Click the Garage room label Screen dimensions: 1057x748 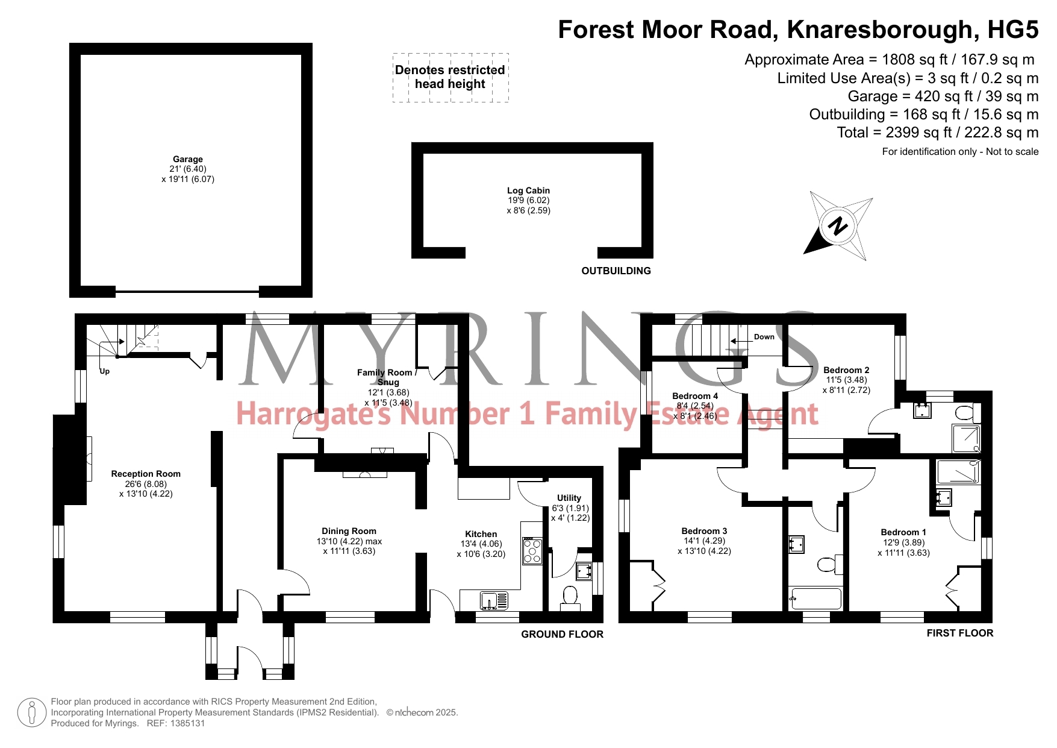[188, 159]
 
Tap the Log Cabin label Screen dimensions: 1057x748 [528, 190]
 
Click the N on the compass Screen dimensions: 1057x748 [838, 226]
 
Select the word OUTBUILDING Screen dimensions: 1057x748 [616, 271]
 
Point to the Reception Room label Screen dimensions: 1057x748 [146, 474]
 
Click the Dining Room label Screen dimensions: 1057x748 [349, 531]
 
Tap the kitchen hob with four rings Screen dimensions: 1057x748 [532, 550]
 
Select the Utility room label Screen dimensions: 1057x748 [569, 498]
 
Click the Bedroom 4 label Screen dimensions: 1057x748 [695, 396]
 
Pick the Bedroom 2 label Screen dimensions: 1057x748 [846, 370]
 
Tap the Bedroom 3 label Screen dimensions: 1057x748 [704, 531]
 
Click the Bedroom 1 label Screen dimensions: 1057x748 [903, 532]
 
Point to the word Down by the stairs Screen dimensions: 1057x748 [764, 337]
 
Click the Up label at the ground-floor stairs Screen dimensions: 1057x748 [105, 371]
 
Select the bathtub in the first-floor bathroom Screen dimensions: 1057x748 [815, 599]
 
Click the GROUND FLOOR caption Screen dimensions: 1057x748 [562, 634]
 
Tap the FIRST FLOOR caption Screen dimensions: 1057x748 [960, 633]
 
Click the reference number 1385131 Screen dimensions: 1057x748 [186, 723]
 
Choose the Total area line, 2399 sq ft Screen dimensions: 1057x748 [938, 133]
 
